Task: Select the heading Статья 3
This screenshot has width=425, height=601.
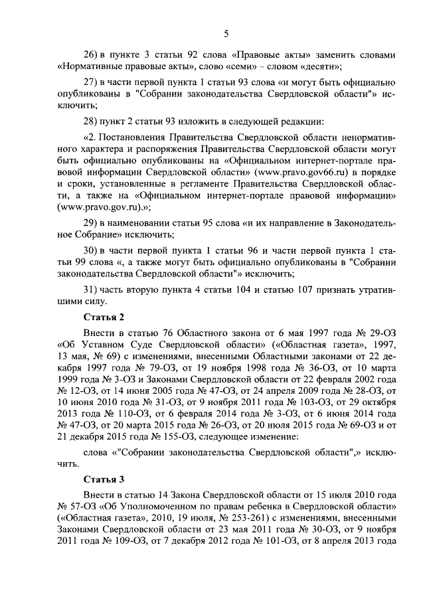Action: click(x=101, y=479)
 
